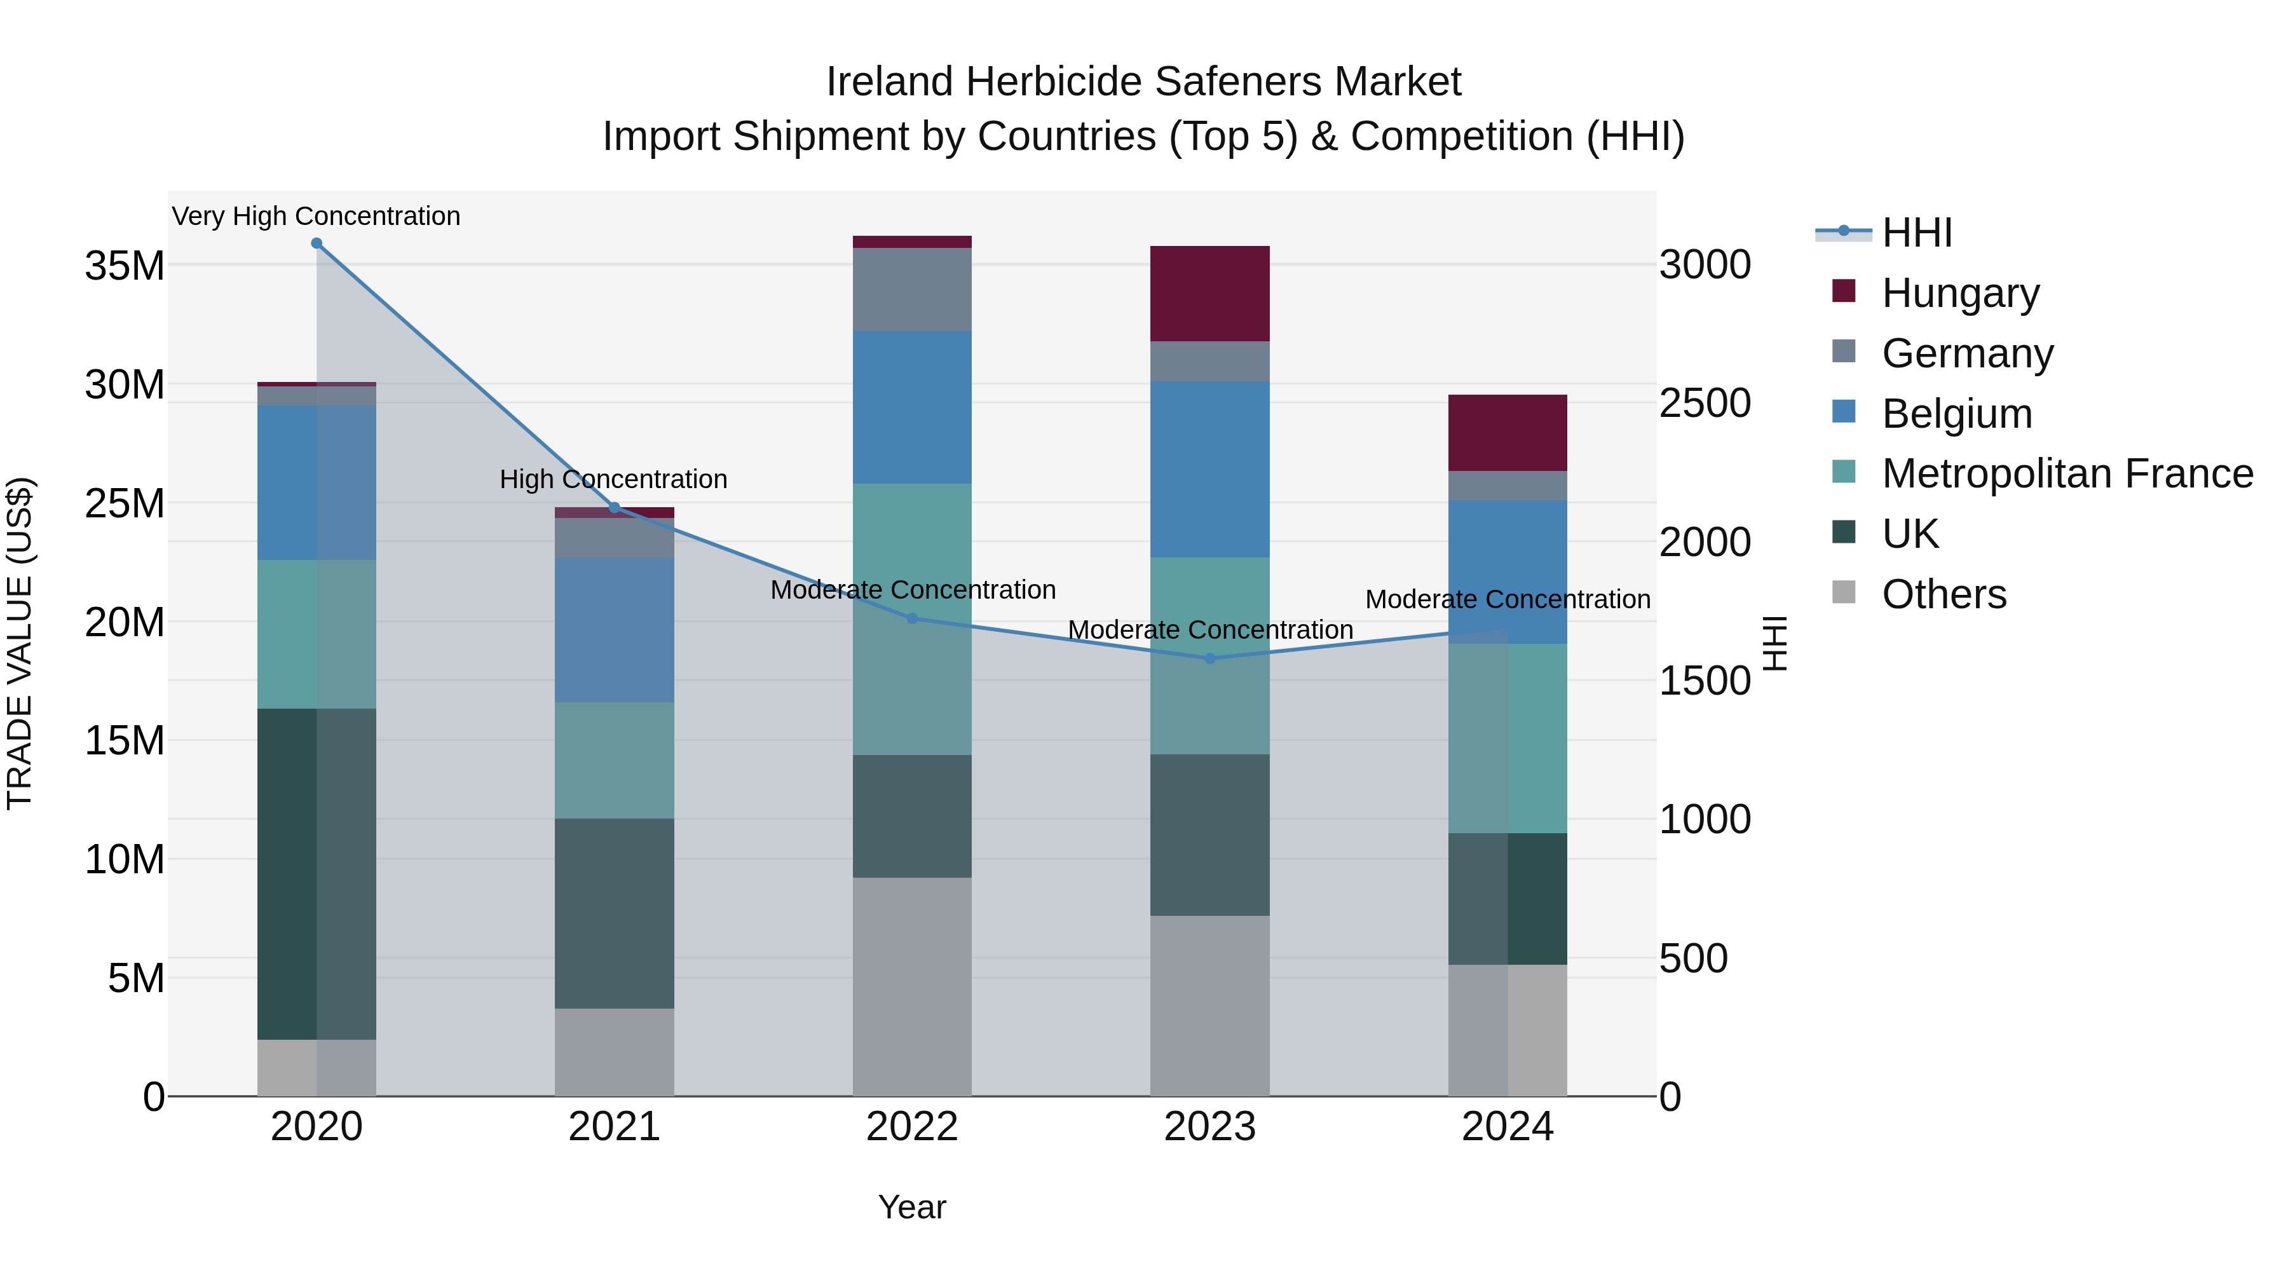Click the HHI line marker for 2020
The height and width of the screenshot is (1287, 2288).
point(317,243)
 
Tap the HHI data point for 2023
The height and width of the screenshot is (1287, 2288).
point(1209,658)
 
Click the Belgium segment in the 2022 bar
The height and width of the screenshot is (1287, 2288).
point(912,407)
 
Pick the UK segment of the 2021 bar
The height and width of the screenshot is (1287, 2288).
point(614,913)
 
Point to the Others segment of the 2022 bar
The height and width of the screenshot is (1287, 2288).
point(912,986)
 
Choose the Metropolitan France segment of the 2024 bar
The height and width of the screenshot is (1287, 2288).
point(1508,738)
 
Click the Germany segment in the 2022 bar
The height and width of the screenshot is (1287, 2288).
point(912,290)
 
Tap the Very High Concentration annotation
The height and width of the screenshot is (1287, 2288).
point(317,216)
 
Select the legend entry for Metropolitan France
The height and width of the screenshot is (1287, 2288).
point(2067,473)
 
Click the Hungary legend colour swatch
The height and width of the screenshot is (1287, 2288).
point(1843,291)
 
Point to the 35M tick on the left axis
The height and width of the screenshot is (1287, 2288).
point(125,266)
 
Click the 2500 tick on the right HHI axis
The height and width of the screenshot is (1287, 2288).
point(1705,403)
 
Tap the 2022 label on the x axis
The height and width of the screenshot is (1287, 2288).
point(912,1127)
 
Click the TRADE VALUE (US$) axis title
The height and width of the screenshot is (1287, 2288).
point(20,643)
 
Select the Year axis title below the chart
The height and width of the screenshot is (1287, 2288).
point(912,1207)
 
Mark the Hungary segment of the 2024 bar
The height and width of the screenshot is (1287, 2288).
point(1508,433)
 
